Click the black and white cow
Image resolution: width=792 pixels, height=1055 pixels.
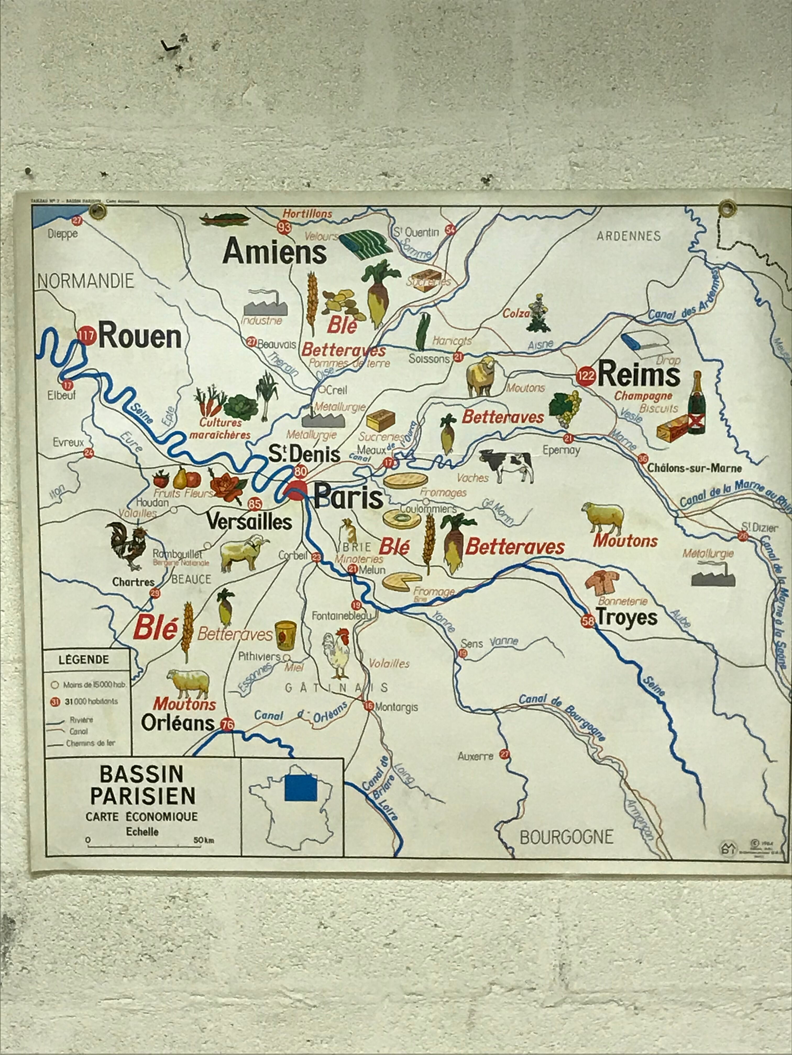point(508,466)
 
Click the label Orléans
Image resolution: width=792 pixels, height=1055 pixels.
point(178,723)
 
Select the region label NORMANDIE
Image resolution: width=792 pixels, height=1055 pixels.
point(86,281)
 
